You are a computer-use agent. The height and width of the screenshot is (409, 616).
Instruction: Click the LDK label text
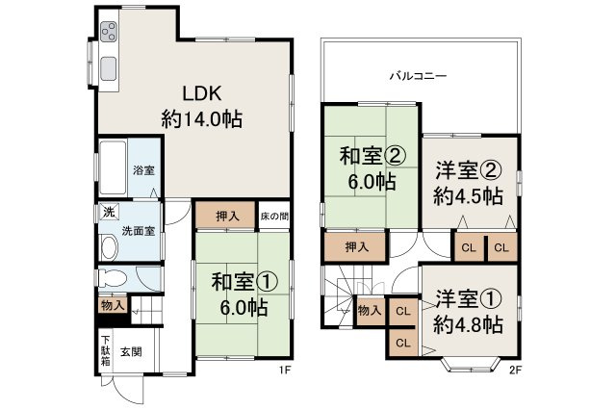click(x=203, y=94)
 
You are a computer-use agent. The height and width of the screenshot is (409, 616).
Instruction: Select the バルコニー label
click(x=418, y=74)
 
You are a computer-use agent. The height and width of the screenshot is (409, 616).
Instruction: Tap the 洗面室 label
click(x=137, y=231)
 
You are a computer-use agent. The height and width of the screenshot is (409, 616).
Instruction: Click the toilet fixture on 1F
click(x=108, y=279)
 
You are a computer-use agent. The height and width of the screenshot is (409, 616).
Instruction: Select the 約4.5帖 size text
click(x=467, y=195)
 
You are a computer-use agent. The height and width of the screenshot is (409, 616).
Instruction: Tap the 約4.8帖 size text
click(x=467, y=324)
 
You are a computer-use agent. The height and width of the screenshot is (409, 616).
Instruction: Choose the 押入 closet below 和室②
click(x=356, y=247)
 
